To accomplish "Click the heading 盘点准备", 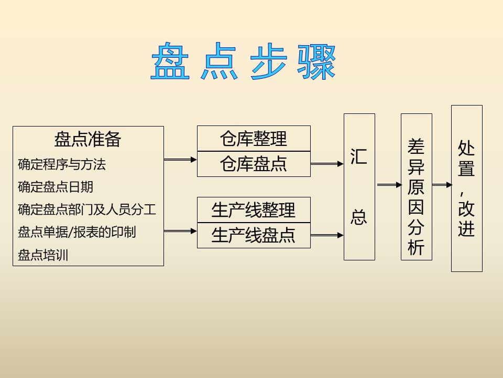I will point(88,139).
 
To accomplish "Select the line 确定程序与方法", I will point(62,164).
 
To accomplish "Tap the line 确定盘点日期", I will point(56,187).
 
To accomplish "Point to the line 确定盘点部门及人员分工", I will point(87,209).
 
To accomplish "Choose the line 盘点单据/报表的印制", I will point(77,232).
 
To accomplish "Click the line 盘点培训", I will point(43,255).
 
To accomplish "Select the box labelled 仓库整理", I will point(254,139).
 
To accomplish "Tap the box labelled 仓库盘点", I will point(254,164).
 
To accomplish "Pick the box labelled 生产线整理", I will point(254,210).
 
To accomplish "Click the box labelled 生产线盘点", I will point(254,235).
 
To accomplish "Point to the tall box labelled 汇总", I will point(359,186).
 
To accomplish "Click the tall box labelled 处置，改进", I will point(466,188).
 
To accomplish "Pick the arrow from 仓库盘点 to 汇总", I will point(327,164).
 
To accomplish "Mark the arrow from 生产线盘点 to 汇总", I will point(327,236).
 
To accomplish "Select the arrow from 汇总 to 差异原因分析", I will point(388,185).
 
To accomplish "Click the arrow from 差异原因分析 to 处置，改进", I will point(442,185).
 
